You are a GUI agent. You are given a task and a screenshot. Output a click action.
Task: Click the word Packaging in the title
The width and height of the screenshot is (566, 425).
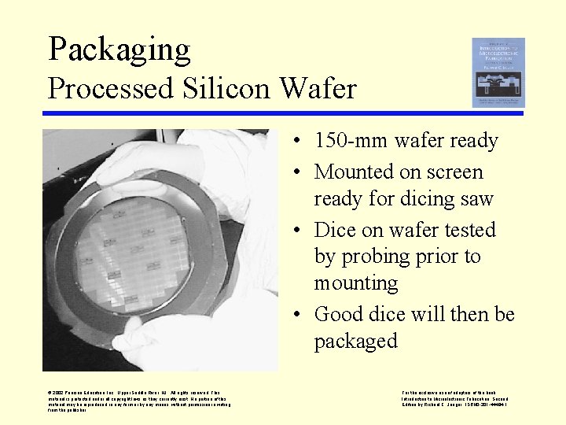[x=119, y=50]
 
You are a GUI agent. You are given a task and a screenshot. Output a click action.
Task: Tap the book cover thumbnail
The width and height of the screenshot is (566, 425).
[x=498, y=72]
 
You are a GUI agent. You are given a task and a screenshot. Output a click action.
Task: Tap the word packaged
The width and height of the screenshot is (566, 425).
[x=356, y=341]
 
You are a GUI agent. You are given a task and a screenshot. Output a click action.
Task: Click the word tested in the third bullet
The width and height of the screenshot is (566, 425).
[x=468, y=230]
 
